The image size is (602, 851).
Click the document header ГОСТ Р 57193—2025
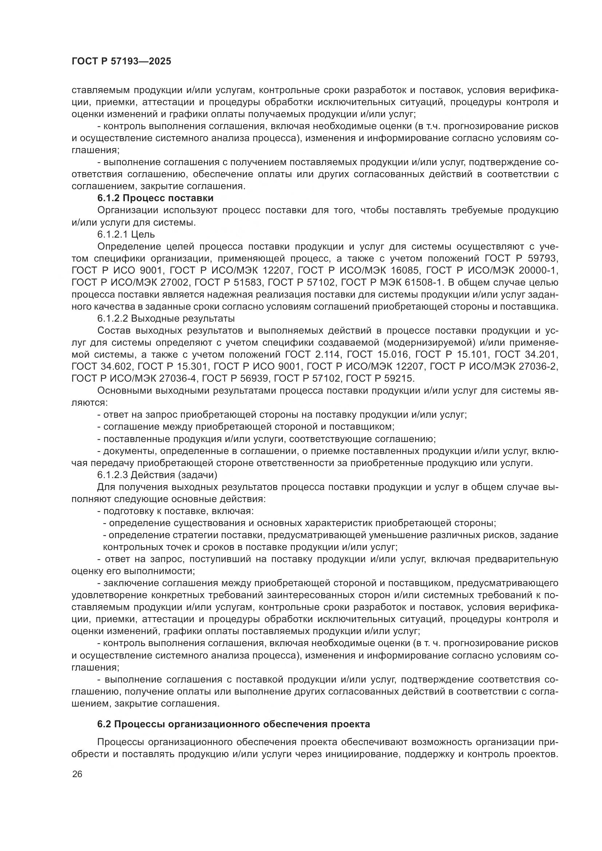coord(121,61)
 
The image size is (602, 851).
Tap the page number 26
coord(77,774)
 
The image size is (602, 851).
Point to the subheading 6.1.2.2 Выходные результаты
coord(166,318)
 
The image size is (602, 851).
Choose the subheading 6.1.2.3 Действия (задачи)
coord(157,475)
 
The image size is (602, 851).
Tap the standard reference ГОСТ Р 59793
coord(521,258)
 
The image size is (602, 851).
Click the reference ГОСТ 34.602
coord(102,366)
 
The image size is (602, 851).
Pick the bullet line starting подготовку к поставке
coord(175,511)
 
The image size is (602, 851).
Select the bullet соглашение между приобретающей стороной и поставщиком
coord(246,427)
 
